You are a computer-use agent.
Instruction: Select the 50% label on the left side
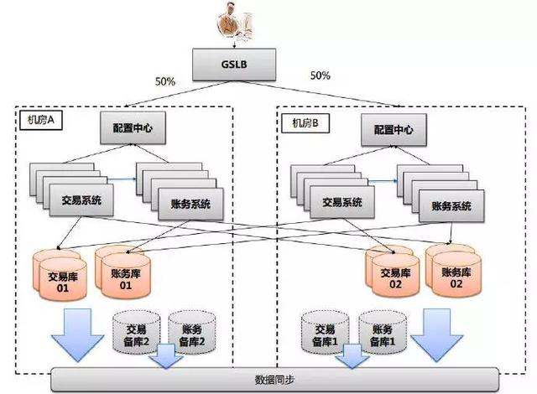tap(165, 82)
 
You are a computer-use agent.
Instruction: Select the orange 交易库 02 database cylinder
tap(395, 277)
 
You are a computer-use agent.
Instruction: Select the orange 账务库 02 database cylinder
tap(455, 276)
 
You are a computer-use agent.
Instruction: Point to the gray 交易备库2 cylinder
tap(136, 333)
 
